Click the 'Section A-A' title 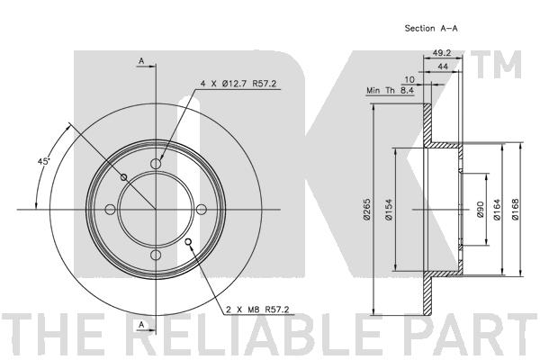click(x=431, y=28)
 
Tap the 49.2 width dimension click(x=442, y=53)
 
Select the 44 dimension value click(x=443, y=66)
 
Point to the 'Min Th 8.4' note click(x=390, y=91)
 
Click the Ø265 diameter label click(x=366, y=209)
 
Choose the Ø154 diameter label click(x=389, y=209)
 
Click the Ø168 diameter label click(x=515, y=210)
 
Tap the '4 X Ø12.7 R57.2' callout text click(x=238, y=84)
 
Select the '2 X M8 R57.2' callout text click(x=257, y=310)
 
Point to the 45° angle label click(x=44, y=161)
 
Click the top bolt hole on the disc click(x=156, y=164)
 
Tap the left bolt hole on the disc click(x=110, y=210)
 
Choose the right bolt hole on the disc click(x=202, y=210)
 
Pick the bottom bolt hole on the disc click(x=156, y=256)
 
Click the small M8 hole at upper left click(x=123, y=177)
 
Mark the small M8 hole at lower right click(x=188, y=242)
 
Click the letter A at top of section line click(x=141, y=61)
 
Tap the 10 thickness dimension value click(x=409, y=79)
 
